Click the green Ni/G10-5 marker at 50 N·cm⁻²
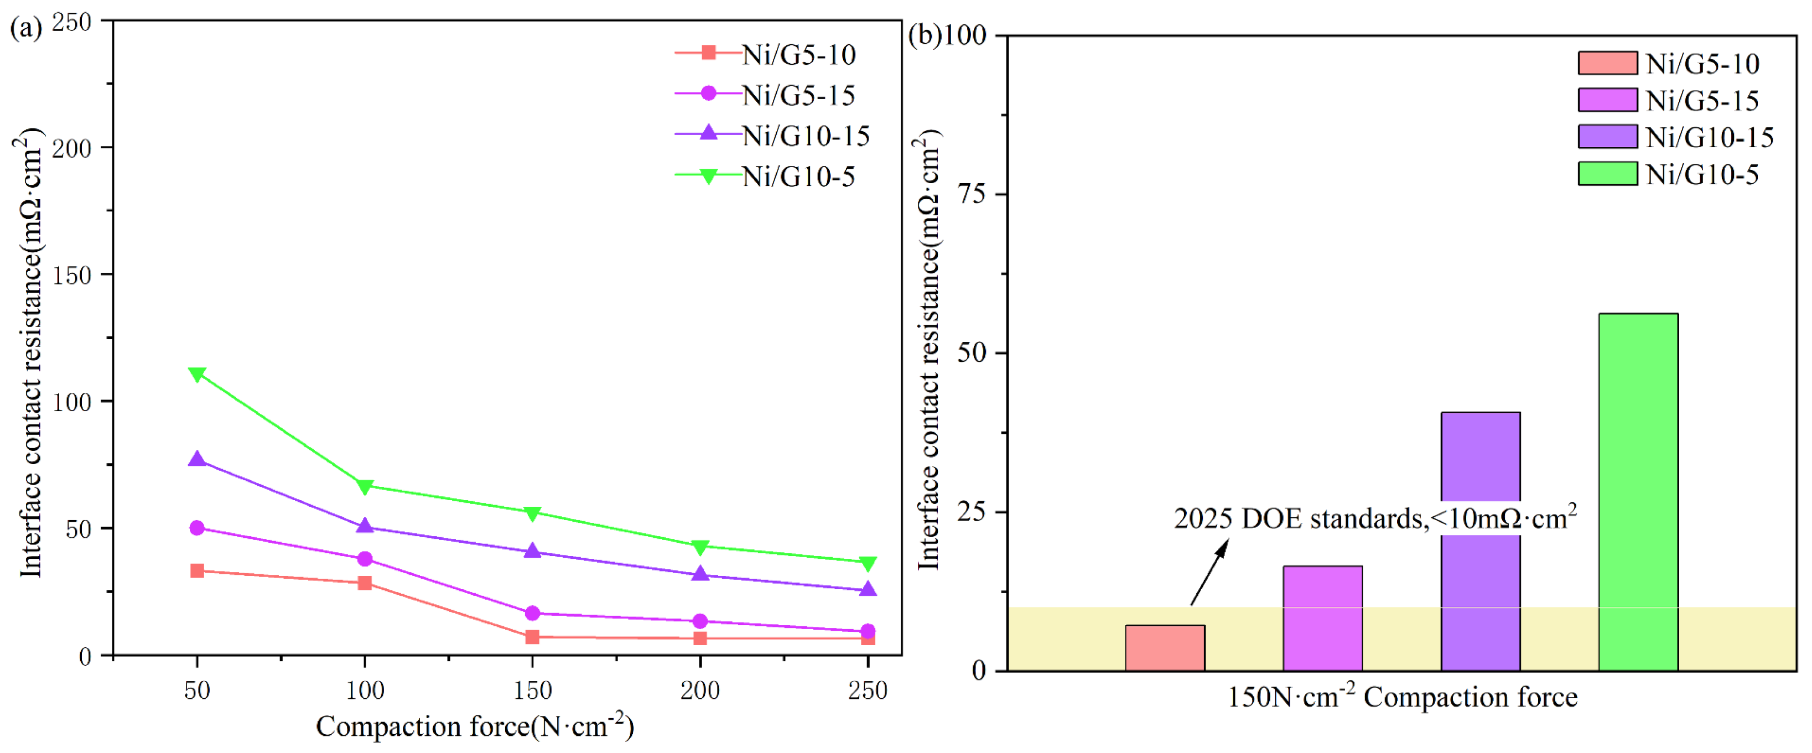[x=197, y=373]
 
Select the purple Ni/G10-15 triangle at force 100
[x=365, y=526]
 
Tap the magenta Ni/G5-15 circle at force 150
[x=532, y=613]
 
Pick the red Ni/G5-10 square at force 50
[x=197, y=571]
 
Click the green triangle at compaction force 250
[x=868, y=563]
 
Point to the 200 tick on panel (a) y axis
[x=72, y=148]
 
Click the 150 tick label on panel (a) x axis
[x=532, y=690]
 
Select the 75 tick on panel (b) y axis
[x=973, y=194]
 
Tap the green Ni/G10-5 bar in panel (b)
[x=1638, y=492]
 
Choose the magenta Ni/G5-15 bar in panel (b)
[x=1322, y=618]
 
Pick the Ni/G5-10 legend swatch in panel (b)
[x=1607, y=63]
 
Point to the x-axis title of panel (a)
[x=475, y=726]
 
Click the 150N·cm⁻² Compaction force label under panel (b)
[x=1402, y=698]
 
